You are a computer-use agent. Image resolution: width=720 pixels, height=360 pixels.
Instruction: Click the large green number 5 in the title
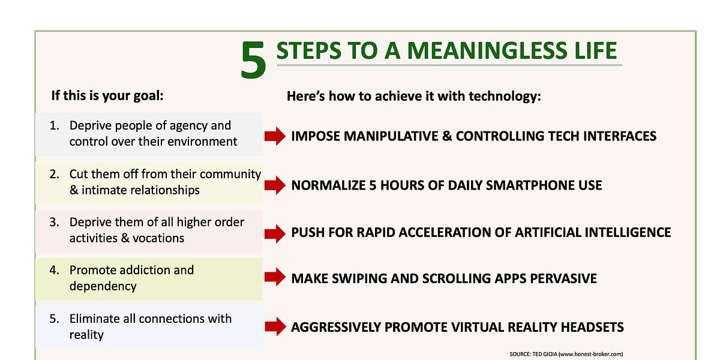coord(253,60)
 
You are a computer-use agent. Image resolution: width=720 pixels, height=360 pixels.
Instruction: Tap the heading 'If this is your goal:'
coord(107,96)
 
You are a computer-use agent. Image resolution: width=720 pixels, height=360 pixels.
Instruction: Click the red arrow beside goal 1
coord(275,136)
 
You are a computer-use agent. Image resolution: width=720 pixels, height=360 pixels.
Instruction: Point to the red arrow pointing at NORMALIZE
coord(275,185)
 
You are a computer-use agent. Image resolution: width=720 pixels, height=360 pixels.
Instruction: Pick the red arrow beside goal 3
coord(275,233)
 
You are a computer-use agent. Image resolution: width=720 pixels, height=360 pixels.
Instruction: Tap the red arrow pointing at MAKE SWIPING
coord(275,277)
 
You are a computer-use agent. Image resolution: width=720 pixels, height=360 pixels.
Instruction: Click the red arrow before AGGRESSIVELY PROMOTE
coord(275,326)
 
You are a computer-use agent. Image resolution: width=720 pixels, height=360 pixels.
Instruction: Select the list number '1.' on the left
coord(55,125)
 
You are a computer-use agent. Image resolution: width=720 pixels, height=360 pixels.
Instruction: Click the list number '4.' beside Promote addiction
coord(55,270)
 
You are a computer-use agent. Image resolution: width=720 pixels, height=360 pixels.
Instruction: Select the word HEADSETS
coord(592,327)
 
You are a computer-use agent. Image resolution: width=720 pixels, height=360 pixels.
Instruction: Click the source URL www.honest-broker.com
coord(591,354)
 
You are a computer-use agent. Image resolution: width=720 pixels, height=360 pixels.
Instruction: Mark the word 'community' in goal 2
coord(230,174)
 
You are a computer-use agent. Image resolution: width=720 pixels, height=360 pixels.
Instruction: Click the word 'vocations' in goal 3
coord(158,238)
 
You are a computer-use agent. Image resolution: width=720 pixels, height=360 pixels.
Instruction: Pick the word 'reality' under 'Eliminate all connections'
coord(86,335)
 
